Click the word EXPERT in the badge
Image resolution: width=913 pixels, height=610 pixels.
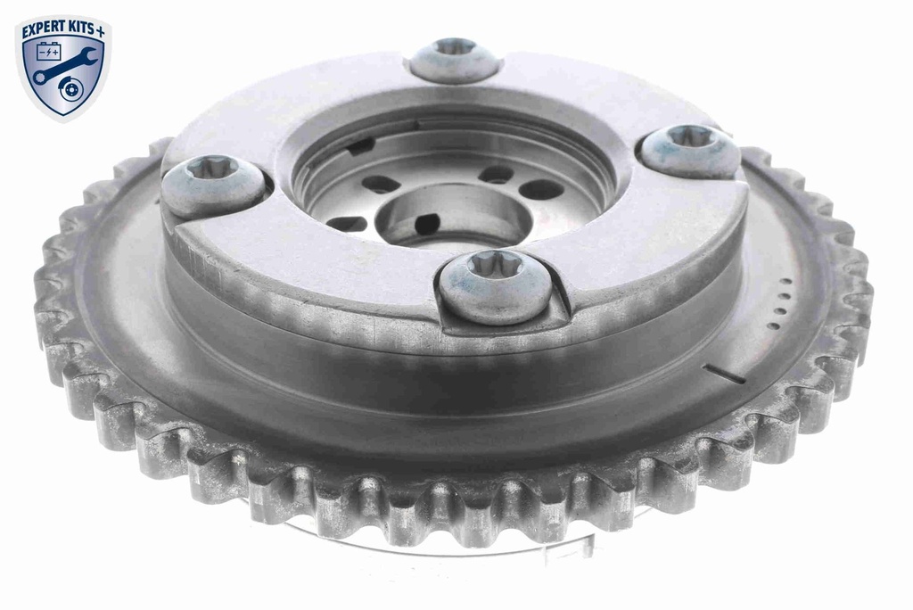pos(46,28)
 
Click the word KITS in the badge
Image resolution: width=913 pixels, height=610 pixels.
pos(85,28)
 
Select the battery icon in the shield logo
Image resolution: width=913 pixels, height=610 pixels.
pos(48,51)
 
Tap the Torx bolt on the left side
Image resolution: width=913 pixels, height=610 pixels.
pos(213,185)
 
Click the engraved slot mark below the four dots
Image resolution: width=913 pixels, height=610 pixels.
pos(724,374)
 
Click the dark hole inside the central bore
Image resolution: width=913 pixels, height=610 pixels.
pos(427,223)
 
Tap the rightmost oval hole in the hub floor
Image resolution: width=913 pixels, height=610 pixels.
pos(540,189)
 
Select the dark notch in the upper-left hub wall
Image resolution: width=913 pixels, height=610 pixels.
pos(360,146)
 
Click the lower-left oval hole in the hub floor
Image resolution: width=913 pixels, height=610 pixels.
pos(347,223)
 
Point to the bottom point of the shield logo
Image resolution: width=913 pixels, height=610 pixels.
pos(63,120)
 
